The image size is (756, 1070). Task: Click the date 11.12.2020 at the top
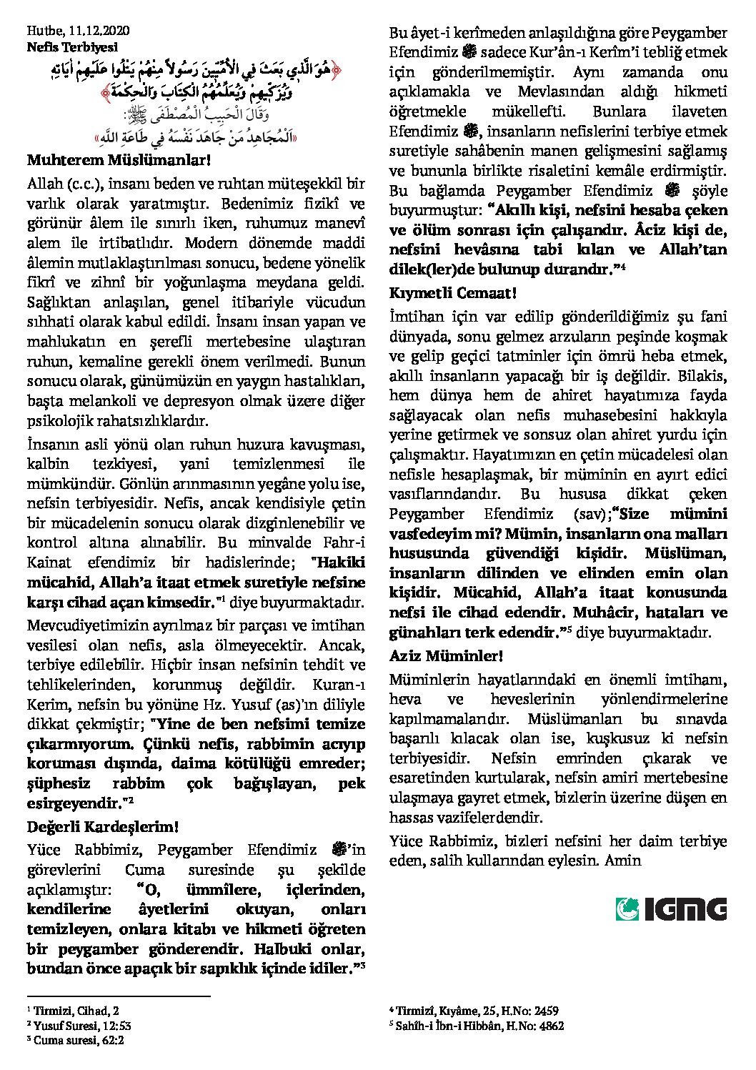tap(99, 31)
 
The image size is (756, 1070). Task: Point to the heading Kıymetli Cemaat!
tap(452, 293)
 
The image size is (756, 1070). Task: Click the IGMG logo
tap(671, 909)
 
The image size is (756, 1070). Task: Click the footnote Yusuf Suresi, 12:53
tap(81, 1026)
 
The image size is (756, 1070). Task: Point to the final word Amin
tap(622, 861)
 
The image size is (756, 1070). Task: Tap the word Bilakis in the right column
tap(705, 375)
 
